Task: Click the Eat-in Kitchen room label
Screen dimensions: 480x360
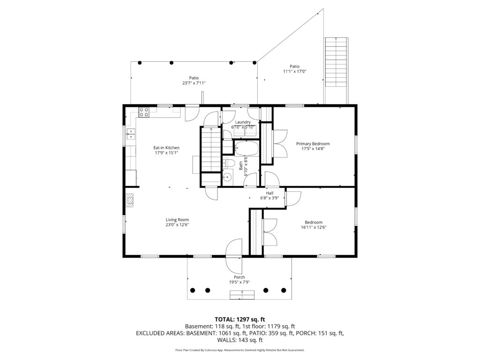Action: coord(166,148)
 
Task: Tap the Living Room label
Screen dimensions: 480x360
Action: coord(177,219)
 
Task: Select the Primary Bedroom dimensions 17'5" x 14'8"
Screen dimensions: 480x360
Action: coord(313,149)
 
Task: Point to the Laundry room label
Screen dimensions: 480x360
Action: coord(243,122)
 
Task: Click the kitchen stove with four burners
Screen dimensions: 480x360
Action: coord(144,112)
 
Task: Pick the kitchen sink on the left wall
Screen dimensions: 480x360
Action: coord(131,134)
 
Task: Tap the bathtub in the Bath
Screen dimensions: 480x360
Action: coord(247,148)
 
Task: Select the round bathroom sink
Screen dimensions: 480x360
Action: coord(227,176)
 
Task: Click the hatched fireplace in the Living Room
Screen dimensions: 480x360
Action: coord(130,201)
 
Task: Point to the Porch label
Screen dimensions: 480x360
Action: coord(240,277)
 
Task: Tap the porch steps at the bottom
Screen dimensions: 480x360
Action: coord(242,295)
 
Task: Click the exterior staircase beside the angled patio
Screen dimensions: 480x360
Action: coord(336,70)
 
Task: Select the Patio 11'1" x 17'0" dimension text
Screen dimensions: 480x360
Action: coord(294,71)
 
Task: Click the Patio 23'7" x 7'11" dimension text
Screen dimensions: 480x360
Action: coord(194,83)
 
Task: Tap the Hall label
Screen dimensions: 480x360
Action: coord(270,193)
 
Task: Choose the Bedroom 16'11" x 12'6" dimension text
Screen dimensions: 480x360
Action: coord(314,227)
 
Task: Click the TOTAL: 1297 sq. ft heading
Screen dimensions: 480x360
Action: coord(240,320)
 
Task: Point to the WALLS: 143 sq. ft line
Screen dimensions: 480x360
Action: coord(240,340)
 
